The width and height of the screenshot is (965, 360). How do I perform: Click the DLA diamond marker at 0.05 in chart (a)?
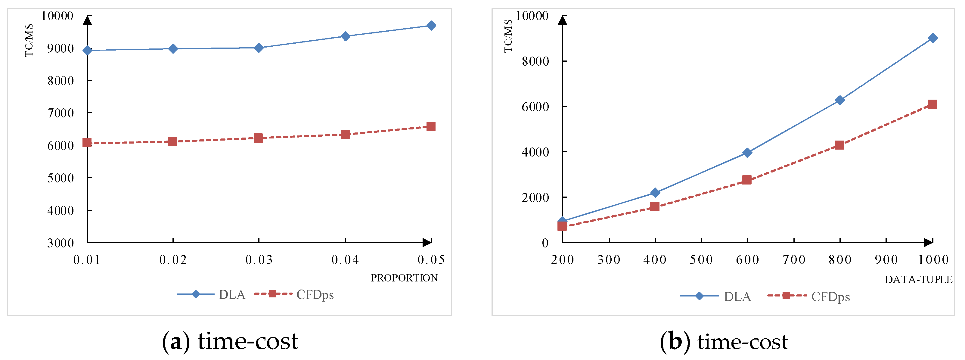coord(431,26)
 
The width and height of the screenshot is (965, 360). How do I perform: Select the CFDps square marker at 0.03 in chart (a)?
coord(259,138)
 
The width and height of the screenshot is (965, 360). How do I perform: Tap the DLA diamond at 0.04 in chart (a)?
coord(345,36)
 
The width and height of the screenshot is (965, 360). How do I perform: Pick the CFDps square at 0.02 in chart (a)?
coord(173,141)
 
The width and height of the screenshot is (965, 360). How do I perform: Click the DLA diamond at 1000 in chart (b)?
coord(933,38)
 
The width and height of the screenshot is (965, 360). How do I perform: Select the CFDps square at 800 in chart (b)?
coord(839,145)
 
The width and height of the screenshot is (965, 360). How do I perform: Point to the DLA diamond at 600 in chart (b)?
coord(747,153)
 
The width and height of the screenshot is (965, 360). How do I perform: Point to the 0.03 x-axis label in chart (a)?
coord(259,259)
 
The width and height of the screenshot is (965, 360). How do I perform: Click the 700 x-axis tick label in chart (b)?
coord(794,259)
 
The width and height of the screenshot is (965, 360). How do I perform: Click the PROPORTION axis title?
coord(404,278)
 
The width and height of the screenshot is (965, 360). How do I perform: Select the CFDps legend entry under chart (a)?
coord(315,295)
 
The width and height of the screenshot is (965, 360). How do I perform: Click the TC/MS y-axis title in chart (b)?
coord(508,36)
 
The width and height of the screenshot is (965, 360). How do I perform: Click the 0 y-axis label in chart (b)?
coord(545,243)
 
